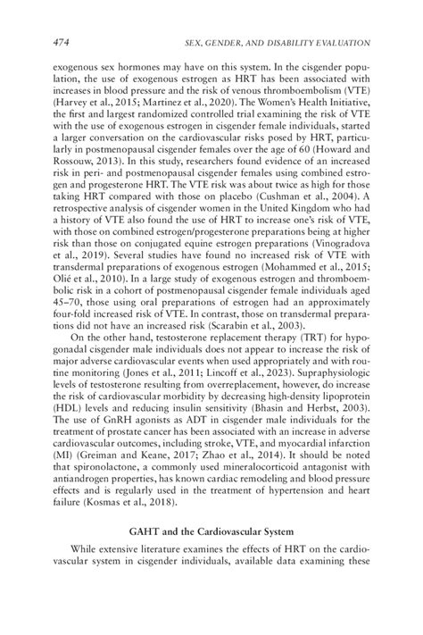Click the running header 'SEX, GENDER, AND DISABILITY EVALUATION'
point(277,42)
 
